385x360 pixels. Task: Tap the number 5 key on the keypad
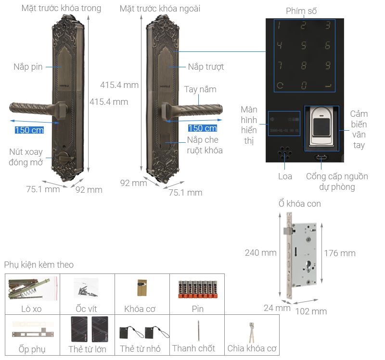[x=303, y=46]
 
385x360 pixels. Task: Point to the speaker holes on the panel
[x=285, y=153]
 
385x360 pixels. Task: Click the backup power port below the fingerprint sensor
[x=321, y=158]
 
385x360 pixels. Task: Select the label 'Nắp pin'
[x=28, y=67]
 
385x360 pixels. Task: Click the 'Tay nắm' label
[x=200, y=89]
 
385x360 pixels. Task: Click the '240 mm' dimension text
[x=260, y=252]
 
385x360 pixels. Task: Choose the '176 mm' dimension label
[x=339, y=253]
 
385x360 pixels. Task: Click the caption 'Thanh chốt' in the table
[x=193, y=348]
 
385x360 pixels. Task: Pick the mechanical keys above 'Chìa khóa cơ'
[x=250, y=332]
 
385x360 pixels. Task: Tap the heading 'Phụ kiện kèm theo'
[x=39, y=265]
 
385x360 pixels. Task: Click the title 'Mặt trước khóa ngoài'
[x=160, y=9]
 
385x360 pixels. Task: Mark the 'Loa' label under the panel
[x=285, y=176]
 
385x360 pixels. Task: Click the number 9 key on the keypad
[x=328, y=65]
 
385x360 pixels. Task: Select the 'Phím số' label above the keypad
[x=301, y=11]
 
